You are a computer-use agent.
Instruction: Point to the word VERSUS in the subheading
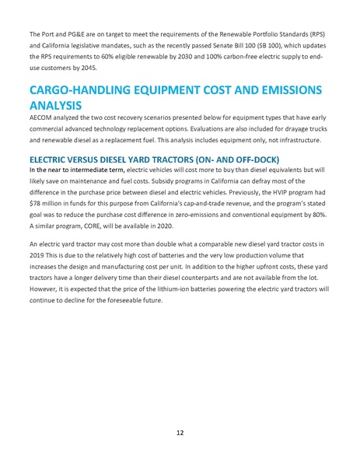[x=86, y=157]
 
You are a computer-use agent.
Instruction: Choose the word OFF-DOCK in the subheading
[x=246, y=157]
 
